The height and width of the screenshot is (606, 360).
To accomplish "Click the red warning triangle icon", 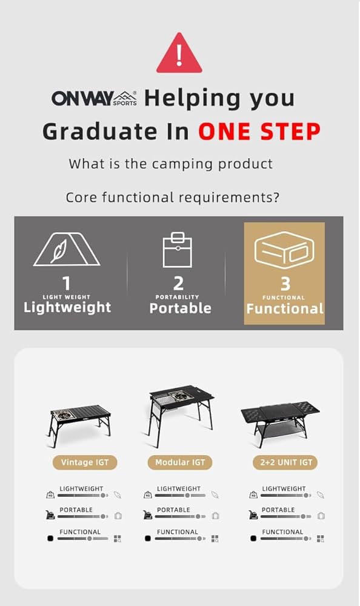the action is click(x=179, y=54).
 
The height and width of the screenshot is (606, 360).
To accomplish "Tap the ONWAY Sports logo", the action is click(x=95, y=98).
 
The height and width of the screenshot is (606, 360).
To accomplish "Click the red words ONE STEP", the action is click(x=259, y=132).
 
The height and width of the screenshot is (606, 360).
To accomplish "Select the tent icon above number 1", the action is click(x=67, y=249).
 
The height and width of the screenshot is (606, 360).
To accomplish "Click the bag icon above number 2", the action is click(x=178, y=250).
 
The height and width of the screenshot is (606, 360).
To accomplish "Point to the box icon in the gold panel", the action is click(x=284, y=250).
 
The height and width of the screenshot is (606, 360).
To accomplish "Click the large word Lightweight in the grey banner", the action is click(x=67, y=308).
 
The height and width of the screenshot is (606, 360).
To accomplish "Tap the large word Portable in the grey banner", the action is click(x=181, y=308).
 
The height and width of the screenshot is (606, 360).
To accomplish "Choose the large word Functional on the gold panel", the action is click(x=285, y=308).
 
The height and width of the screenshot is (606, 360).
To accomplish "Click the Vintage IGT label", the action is click(x=85, y=462).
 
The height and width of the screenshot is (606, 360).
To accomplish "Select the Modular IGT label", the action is click(x=180, y=462).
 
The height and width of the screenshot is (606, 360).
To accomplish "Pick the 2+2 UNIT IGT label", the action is click(x=285, y=462).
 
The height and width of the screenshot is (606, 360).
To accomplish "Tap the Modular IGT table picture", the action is click(x=181, y=415).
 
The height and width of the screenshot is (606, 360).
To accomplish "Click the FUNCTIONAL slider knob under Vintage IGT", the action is click(x=89, y=538).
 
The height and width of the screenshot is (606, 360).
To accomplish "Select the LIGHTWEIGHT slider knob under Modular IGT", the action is click(x=187, y=495).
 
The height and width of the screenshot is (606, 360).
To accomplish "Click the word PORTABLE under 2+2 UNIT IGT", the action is click(x=278, y=510).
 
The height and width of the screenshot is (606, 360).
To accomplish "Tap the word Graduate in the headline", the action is click(x=100, y=132).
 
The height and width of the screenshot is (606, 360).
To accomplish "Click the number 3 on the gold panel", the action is click(x=285, y=284).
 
